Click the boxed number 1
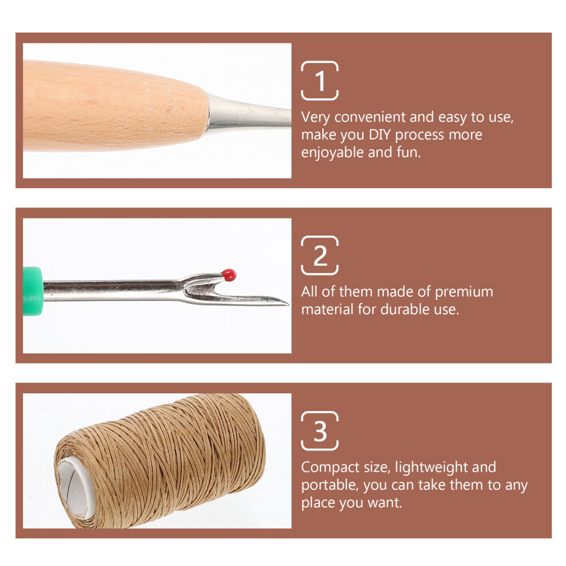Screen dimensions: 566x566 tap(320, 81)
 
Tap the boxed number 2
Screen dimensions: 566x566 tap(320, 256)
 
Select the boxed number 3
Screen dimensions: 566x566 tap(320, 431)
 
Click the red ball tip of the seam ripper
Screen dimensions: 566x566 tap(229, 274)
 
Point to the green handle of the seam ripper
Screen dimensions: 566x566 tap(33, 292)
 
